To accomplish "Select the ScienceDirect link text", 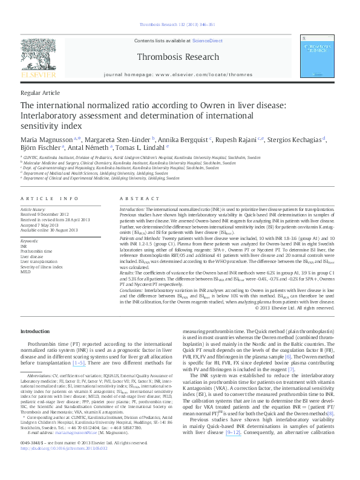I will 207,41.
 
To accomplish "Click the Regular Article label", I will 41,92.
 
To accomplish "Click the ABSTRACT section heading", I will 135,198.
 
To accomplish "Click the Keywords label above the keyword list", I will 29,241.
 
